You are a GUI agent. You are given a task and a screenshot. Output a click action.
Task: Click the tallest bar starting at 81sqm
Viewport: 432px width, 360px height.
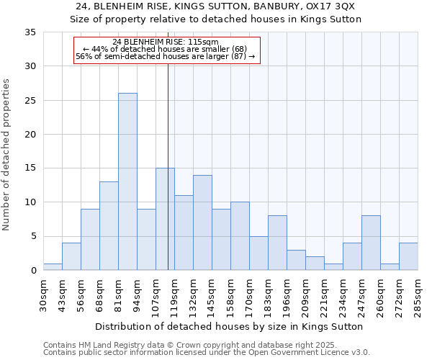pos(127,181)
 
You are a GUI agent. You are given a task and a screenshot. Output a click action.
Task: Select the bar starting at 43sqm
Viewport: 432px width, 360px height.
pos(71,256)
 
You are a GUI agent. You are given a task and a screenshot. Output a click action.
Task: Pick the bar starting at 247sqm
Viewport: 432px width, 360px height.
pos(371,243)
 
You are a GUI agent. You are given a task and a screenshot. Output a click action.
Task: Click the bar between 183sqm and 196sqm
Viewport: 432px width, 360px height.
pos(277,243)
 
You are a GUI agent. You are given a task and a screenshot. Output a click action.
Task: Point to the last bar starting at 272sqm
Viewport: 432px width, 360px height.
pos(408,256)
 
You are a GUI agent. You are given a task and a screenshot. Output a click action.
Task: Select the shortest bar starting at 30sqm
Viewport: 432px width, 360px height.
pos(53,266)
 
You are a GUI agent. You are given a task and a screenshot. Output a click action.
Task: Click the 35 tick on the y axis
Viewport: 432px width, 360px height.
pos(31,32)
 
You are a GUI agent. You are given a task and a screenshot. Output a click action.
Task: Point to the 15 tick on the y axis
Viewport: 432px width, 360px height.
pos(31,168)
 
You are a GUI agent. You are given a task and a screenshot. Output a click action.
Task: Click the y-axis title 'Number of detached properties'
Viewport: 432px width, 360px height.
pos(6,155)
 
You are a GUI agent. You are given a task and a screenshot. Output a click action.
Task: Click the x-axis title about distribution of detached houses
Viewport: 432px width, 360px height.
pos(229,326)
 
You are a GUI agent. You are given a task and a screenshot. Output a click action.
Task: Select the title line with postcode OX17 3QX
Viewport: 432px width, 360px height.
pos(215,6)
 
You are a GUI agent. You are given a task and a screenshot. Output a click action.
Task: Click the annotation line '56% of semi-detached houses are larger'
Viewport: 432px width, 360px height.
pos(166,56)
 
